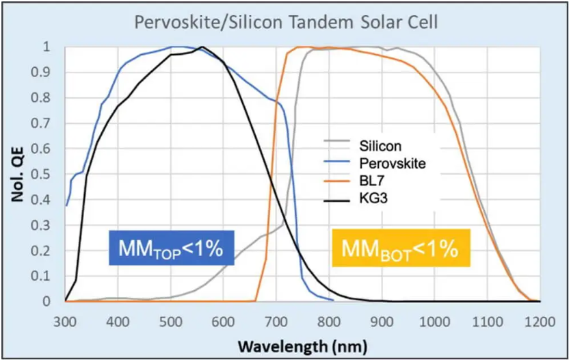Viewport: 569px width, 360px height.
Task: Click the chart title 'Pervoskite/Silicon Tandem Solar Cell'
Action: click(286, 22)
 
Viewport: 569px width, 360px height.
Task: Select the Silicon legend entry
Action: click(363, 146)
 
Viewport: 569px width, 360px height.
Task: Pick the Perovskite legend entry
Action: click(375, 164)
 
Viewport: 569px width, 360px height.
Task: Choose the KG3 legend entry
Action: click(356, 198)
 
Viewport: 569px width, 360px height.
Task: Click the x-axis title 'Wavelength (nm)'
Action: click(302, 346)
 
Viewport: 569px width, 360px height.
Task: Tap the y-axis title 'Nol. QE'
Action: click(17, 174)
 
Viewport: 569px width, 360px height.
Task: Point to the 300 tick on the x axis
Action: click(66, 322)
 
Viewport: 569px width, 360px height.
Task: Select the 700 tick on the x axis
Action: click(276, 322)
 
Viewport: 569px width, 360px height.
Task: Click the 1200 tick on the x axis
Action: click(540, 322)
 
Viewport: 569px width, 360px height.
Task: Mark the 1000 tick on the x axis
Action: click(435, 322)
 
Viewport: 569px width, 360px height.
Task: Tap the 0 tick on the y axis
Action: click(47, 301)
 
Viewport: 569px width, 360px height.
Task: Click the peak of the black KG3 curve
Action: click(202, 47)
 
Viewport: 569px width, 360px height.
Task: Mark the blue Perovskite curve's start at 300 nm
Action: click(66, 205)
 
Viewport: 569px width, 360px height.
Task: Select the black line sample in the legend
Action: click(336, 200)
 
